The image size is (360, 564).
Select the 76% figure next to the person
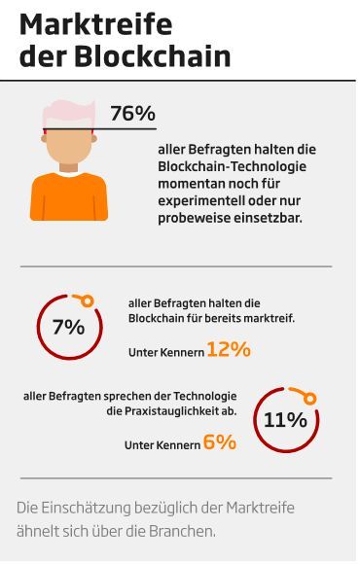coord(132,114)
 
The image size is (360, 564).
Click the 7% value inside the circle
coord(68,328)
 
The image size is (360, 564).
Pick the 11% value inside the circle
coord(286,420)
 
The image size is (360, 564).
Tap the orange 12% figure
coord(229,349)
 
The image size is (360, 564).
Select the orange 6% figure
coord(220,442)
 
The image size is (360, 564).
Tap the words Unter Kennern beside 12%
coord(165,352)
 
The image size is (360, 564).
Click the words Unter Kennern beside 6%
coord(162,445)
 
